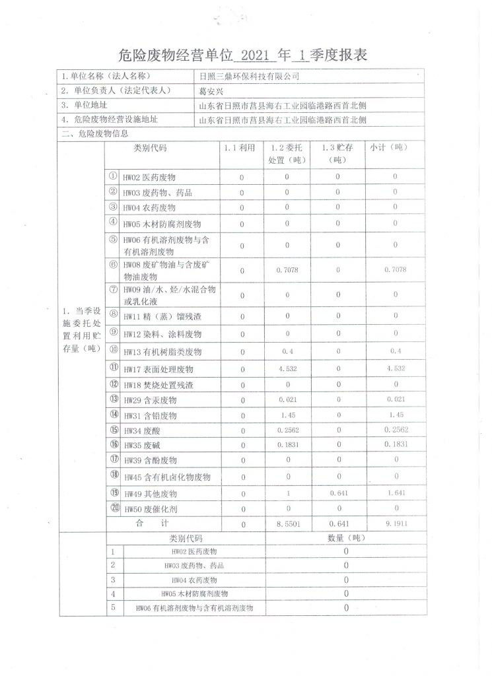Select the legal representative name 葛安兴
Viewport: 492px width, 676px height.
[x=213, y=91]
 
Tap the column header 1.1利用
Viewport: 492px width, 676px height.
[x=240, y=149]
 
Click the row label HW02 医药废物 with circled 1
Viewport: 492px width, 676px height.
[x=149, y=178]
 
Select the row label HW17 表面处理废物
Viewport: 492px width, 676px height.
[x=158, y=369]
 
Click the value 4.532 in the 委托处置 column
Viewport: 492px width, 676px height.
[x=287, y=368]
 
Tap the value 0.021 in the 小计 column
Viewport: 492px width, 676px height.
[x=395, y=400]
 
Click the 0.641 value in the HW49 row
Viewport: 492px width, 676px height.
[x=337, y=492]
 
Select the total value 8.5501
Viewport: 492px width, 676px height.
[x=287, y=524]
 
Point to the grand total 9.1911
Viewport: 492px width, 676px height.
[x=395, y=524]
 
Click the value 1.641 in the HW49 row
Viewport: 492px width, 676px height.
[x=395, y=492]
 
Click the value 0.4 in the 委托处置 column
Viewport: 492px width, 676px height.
[x=287, y=351]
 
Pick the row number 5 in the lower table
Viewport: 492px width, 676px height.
[x=114, y=607]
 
